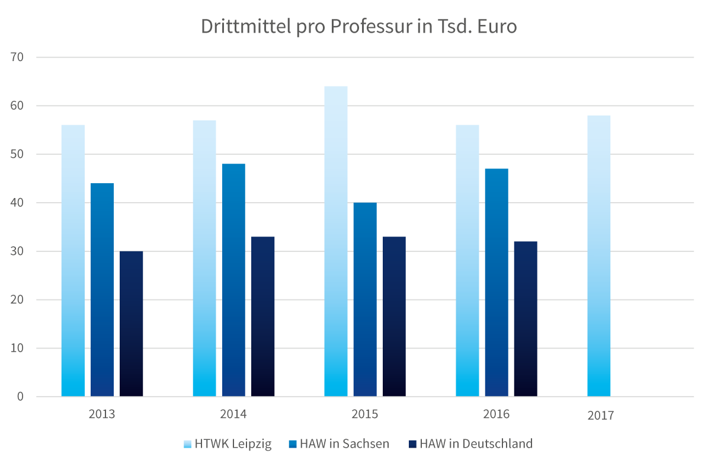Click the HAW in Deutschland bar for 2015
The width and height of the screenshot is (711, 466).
[x=394, y=317]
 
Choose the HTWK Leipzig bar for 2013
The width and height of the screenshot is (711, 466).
[x=73, y=260]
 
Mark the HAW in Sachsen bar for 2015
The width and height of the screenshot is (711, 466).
[x=365, y=299]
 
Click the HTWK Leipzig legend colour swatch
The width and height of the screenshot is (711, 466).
[x=188, y=443]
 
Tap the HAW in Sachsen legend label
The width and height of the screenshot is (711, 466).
[x=344, y=443]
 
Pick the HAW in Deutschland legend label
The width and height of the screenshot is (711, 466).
[x=476, y=443]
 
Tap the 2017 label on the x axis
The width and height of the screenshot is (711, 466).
[x=601, y=416]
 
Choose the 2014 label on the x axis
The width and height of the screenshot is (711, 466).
[x=233, y=414]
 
